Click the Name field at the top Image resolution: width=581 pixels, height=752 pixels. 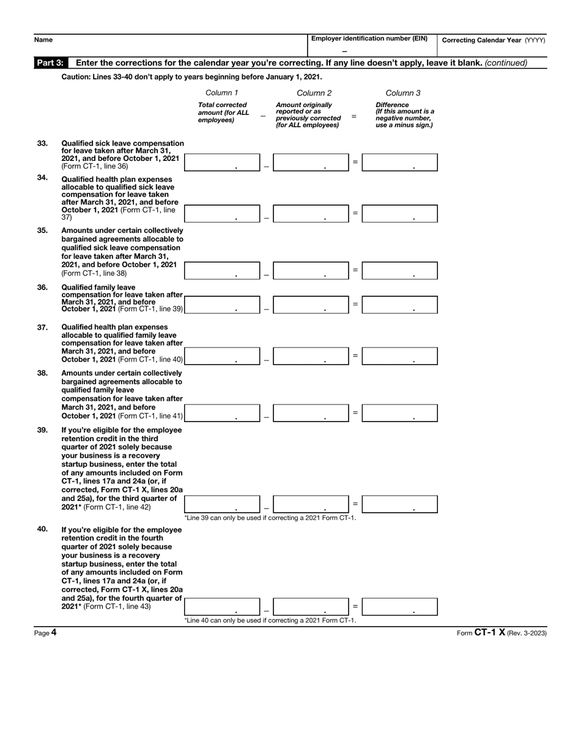[171, 45]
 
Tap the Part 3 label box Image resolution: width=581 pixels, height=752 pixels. [50, 62]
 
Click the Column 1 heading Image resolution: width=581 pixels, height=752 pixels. [221, 93]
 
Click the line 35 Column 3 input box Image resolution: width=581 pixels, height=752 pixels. [399, 270]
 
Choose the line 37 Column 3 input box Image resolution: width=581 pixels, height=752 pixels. [399, 356]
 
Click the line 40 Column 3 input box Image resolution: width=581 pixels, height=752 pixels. [399, 607]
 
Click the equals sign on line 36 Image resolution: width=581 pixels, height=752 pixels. [355, 303]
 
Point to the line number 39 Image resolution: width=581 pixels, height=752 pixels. [42, 430]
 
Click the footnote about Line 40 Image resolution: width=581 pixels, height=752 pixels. [270, 620]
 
